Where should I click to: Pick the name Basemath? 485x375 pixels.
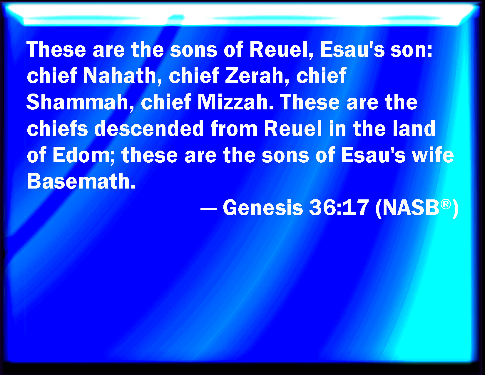click(81, 181)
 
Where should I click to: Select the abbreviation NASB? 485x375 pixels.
click(410, 208)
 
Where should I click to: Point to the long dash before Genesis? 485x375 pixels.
click(209, 209)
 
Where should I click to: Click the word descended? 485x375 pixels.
click(149, 129)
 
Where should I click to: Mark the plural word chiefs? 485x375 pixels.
click(57, 129)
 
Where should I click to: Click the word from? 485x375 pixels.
click(234, 129)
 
